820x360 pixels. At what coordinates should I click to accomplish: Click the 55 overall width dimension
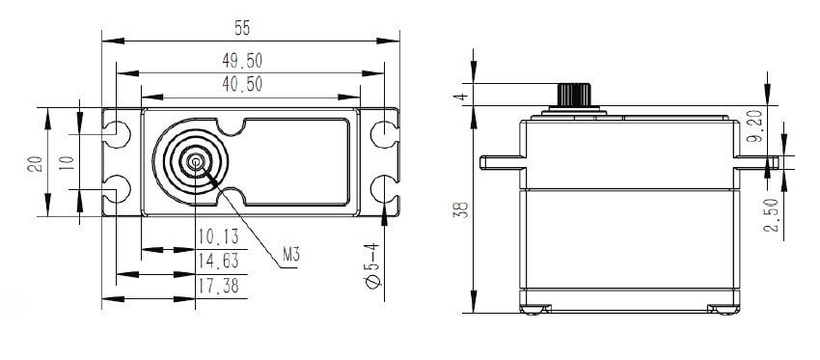click(242, 28)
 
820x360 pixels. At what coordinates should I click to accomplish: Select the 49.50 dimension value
click(242, 61)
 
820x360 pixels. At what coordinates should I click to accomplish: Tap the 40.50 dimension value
click(242, 84)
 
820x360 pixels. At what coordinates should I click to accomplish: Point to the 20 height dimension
click(36, 163)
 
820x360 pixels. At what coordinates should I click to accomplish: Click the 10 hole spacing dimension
click(67, 163)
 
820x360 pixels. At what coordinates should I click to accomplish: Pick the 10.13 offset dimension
click(218, 237)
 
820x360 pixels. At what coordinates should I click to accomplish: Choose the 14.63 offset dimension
click(218, 260)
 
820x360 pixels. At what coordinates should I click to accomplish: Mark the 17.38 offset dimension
click(218, 286)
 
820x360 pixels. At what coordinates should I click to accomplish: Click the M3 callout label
click(291, 255)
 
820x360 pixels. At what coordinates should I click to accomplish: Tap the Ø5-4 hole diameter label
click(372, 265)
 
